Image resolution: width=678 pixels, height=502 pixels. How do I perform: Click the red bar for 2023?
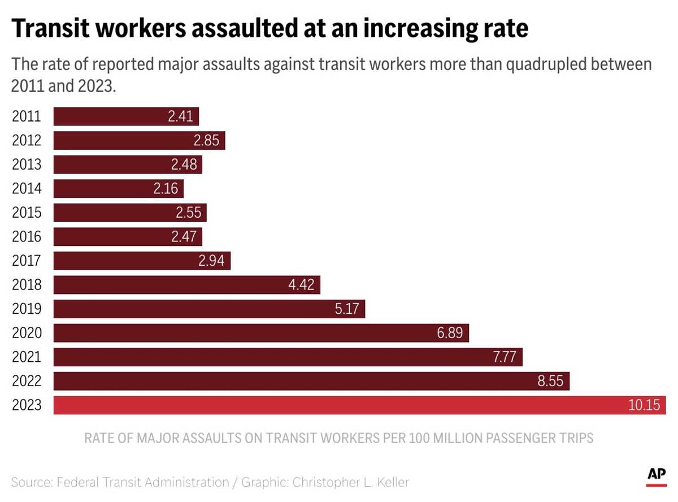(339, 405)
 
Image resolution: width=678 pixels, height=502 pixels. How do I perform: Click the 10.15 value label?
(644, 405)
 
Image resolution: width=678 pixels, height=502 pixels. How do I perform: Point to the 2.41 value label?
(181, 116)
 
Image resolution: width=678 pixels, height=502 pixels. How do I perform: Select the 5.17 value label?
(347, 309)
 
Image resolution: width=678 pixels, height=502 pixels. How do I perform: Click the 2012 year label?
(27, 141)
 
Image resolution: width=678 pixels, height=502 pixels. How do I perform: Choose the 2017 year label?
(27, 261)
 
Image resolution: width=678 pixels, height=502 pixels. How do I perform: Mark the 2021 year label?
(27, 357)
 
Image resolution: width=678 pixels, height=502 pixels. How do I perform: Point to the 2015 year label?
(27, 213)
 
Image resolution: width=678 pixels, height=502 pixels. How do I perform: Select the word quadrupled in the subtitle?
(547, 64)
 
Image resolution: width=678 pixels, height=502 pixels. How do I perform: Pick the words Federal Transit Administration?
(142, 482)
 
